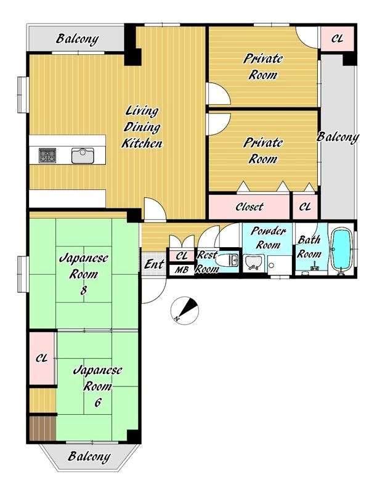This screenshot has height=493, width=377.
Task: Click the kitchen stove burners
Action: (x=47, y=155)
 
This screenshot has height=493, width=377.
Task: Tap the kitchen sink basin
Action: (x=83, y=156)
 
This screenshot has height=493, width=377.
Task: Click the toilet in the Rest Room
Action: (x=228, y=260)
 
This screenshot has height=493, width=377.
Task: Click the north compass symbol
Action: (x=185, y=311)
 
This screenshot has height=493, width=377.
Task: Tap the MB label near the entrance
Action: (x=181, y=270)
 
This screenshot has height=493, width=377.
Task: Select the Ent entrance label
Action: (x=154, y=264)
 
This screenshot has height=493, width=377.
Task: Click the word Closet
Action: (x=249, y=206)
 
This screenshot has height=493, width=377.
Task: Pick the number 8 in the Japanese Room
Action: (x=83, y=290)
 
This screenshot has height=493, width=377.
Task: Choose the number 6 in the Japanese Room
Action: (x=98, y=402)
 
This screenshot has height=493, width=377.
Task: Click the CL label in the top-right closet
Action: (x=337, y=38)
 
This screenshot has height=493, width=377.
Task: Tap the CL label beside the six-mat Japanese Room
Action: (x=41, y=358)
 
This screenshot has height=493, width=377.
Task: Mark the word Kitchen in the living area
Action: (x=142, y=144)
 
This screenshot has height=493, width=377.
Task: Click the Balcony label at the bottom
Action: (x=89, y=457)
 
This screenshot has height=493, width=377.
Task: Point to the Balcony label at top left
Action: (x=77, y=39)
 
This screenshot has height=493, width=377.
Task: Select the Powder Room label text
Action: (x=269, y=238)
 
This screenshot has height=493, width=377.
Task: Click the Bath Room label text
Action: (x=309, y=247)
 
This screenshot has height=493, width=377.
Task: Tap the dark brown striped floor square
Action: (x=43, y=428)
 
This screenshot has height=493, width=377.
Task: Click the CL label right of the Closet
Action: (x=305, y=206)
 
